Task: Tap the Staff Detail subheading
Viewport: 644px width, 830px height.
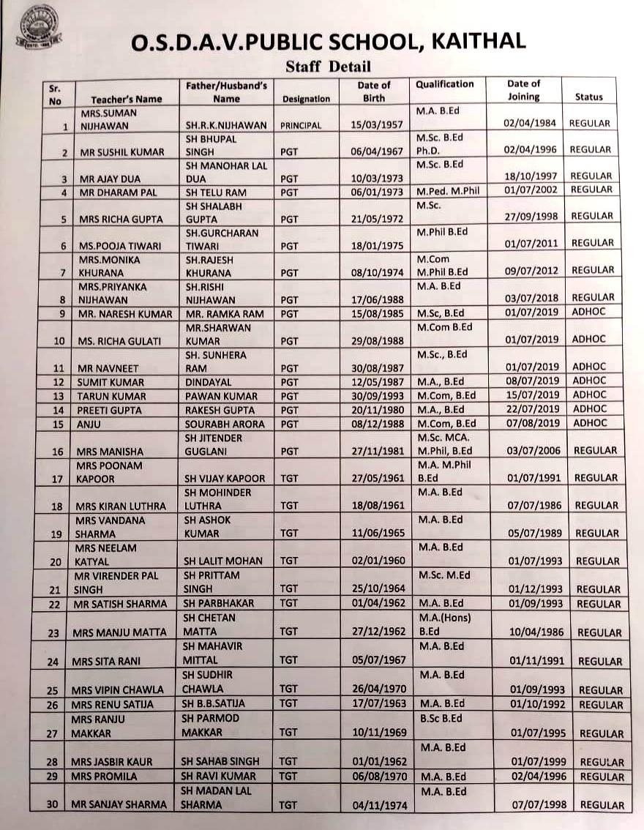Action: pyautogui.click(x=329, y=67)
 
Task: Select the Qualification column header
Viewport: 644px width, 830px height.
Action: pyautogui.click(x=445, y=84)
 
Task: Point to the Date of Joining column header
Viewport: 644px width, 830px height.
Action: pyautogui.click(x=523, y=90)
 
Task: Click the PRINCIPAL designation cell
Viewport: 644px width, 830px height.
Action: pyautogui.click(x=301, y=125)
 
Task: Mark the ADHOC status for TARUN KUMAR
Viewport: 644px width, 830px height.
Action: pyautogui.click(x=589, y=395)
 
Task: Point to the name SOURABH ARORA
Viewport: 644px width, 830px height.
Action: pyautogui.click(x=222, y=423)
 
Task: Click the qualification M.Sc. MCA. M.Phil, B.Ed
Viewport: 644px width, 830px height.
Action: pyautogui.click(x=444, y=444)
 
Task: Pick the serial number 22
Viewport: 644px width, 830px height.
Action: pyautogui.click(x=51, y=605)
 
